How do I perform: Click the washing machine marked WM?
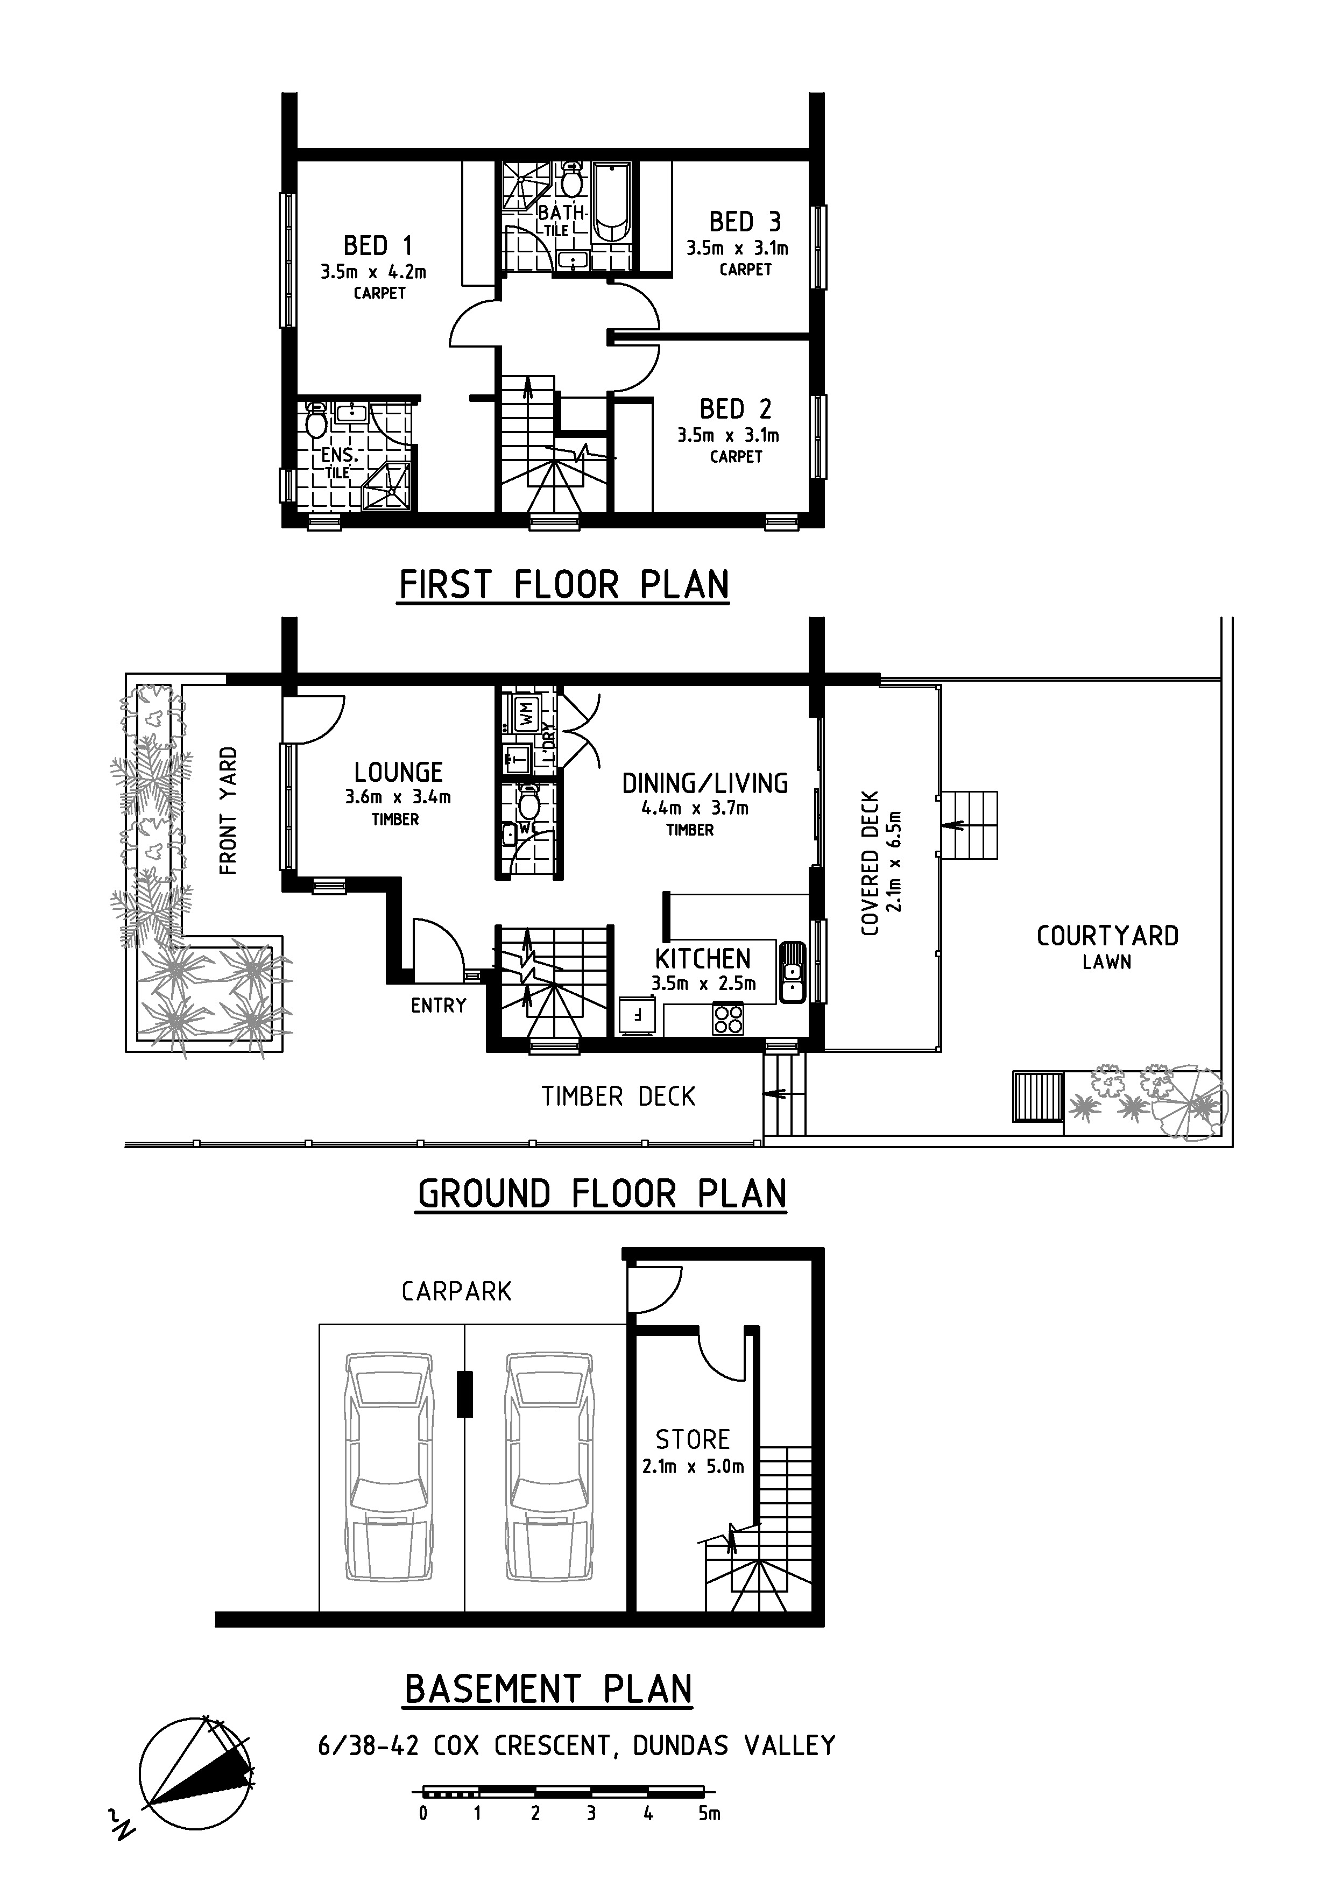pyautogui.click(x=526, y=712)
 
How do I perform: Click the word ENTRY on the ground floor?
pyautogui.click(x=439, y=1006)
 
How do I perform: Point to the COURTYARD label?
pyautogui.click(x=1107, y=936)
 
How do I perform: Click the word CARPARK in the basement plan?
pyautogui.click(x=456, y=1292)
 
